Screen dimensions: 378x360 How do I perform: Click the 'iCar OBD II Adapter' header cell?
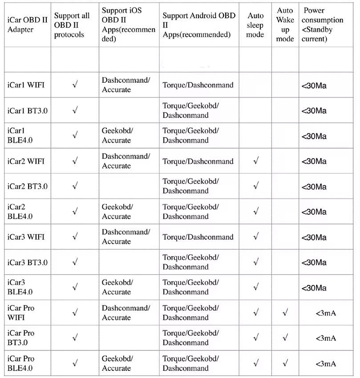[26, 25]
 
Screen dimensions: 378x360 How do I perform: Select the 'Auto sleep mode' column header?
[255, 25]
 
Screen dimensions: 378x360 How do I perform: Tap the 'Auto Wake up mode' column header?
[285, 24]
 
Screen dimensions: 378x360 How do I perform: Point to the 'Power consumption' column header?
[323, 24]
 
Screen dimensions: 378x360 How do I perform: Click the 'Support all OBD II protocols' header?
[72, 25]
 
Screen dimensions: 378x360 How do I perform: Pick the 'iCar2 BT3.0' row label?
[27, 186]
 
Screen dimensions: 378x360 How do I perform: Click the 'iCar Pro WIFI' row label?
[21, 313]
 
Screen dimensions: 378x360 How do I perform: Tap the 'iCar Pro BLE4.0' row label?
[21, 363]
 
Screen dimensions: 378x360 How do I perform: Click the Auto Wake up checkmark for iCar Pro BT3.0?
[285, 338]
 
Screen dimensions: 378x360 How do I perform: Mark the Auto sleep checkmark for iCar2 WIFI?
[255, 161]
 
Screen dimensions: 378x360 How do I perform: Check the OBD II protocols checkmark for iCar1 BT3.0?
[75, 110]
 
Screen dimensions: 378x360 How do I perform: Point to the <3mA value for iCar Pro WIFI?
[326, 313]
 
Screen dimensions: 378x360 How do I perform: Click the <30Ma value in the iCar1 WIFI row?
[314, 85]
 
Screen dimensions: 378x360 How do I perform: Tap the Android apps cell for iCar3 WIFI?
[198, 237]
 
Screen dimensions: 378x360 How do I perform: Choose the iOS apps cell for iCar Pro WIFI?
[126, 313]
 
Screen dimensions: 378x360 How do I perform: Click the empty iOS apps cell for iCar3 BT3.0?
[129, 262]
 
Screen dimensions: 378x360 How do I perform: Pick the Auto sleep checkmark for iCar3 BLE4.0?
[255, 287]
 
